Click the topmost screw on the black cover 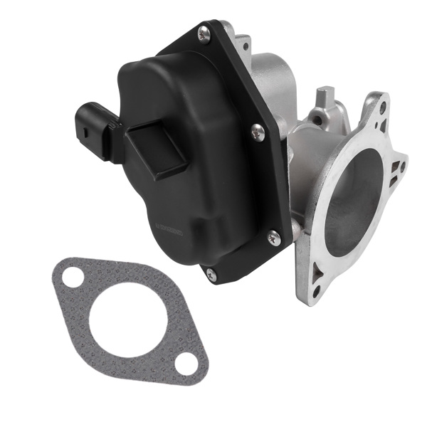pos(204,31)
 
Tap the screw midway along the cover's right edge pos(258,132)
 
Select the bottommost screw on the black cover pos(211,272)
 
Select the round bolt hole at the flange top pos(383,108)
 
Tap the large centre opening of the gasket pos(128,323)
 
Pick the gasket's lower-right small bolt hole pos(187,364)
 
